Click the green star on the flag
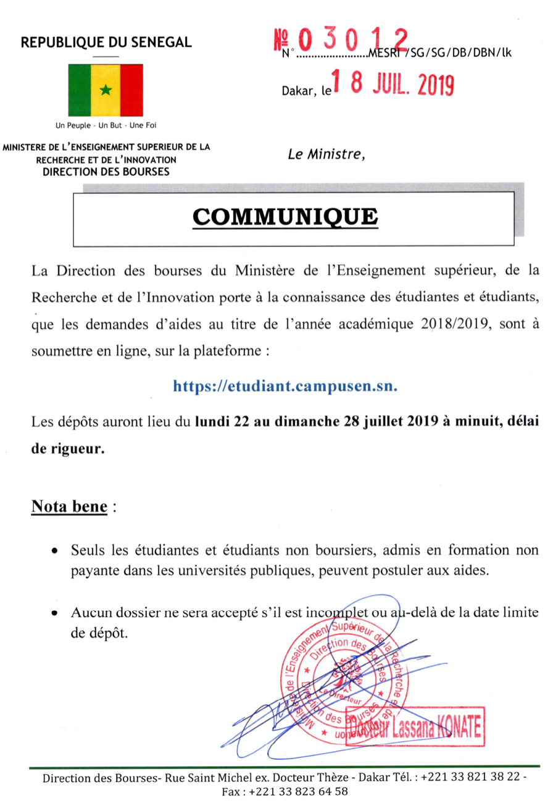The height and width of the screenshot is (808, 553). pyautogui.click(x=106, y=91)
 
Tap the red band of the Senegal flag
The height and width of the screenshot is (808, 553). pyautogui.click(x=131, y=91)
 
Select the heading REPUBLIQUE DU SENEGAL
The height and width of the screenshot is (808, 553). pyautogui.click(x=106, y=43)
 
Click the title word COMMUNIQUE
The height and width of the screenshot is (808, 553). pyautogui.click(x=284, y=217)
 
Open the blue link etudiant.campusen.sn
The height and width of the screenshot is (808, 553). pyautogui.click(x=285, y=386)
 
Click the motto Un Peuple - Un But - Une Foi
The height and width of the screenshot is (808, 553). pyautogui.click(x=106, y=125)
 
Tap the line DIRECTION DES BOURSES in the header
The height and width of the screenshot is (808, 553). pyautogui.click(x=106, y=172)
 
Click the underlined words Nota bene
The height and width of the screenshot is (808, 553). pyautogui.click(x=69, y=507)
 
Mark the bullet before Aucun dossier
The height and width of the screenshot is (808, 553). pyautogui.click(x=56, y=614)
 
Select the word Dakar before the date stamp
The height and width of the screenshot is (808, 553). pyautogui.click(x=296, y=91)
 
